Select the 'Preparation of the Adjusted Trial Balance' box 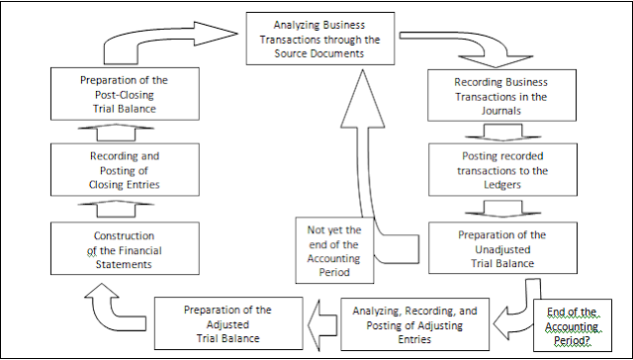pyautogui.click(x=226, y=322)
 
